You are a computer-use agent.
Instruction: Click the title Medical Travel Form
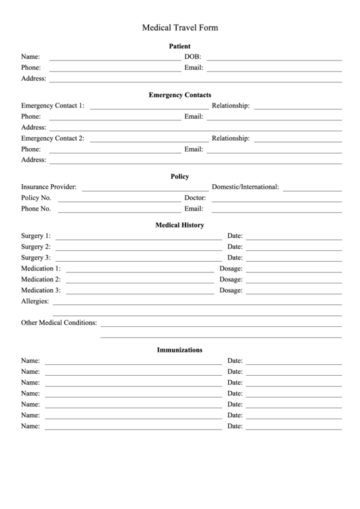[x=180, y=28]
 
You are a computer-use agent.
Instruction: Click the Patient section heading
[x=180, y=46]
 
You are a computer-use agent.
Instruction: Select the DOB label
[x=192, y=57]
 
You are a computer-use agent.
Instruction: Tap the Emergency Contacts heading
[x=180, y=95]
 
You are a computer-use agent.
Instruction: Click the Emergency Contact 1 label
[x=53, y=106]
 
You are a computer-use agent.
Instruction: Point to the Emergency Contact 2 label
[x=53, y=139]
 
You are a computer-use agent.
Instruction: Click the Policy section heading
[x=180, y=177]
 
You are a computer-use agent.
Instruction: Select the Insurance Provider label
[x=49, y=187]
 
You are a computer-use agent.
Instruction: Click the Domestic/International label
[x=245, y=187]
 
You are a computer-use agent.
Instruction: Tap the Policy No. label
[x=36, y=198]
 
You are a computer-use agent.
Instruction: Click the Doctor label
[x=195, y=198]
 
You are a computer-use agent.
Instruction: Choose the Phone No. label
[x=36, y=209]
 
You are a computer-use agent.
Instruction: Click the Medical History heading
[x=180, y=225]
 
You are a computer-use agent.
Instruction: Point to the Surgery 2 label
[x=36, y=247]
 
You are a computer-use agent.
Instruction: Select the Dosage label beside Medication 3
[x=231, y=290]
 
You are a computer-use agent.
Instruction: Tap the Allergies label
[x=35, y=301]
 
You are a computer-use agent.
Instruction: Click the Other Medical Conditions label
[x=59, y=323]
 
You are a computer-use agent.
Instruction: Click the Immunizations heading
[x=180, y=350]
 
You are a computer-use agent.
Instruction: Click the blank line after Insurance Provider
[x=145, y=189]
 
